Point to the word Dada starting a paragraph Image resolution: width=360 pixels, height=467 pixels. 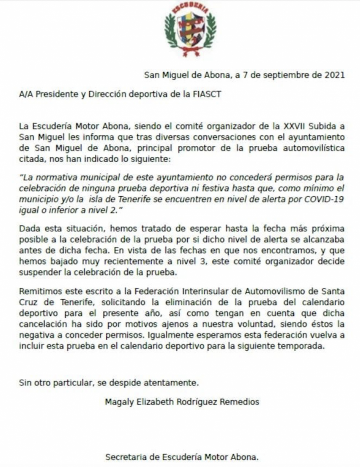click(29, 228)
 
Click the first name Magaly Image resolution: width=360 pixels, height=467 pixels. click(119, 402)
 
